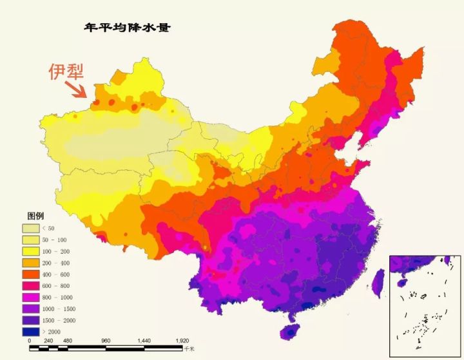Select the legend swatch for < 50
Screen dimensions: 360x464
(31, 228)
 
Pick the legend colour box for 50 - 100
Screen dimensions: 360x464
(31, 240)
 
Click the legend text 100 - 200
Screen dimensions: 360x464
(57, 251)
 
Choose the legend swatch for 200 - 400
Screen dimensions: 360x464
(31, 263)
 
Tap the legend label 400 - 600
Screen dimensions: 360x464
(57, 274)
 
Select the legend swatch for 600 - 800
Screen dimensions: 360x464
(31, 286)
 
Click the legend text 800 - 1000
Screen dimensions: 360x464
(58, 298)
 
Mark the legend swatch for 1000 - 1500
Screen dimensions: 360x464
(31, 309)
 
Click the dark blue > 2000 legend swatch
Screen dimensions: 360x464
(31, 332)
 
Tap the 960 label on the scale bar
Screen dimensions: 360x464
(106, 341)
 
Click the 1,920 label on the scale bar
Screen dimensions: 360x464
(182, 341)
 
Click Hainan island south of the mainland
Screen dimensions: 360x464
(290, 332)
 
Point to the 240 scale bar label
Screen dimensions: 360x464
(48, 341)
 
